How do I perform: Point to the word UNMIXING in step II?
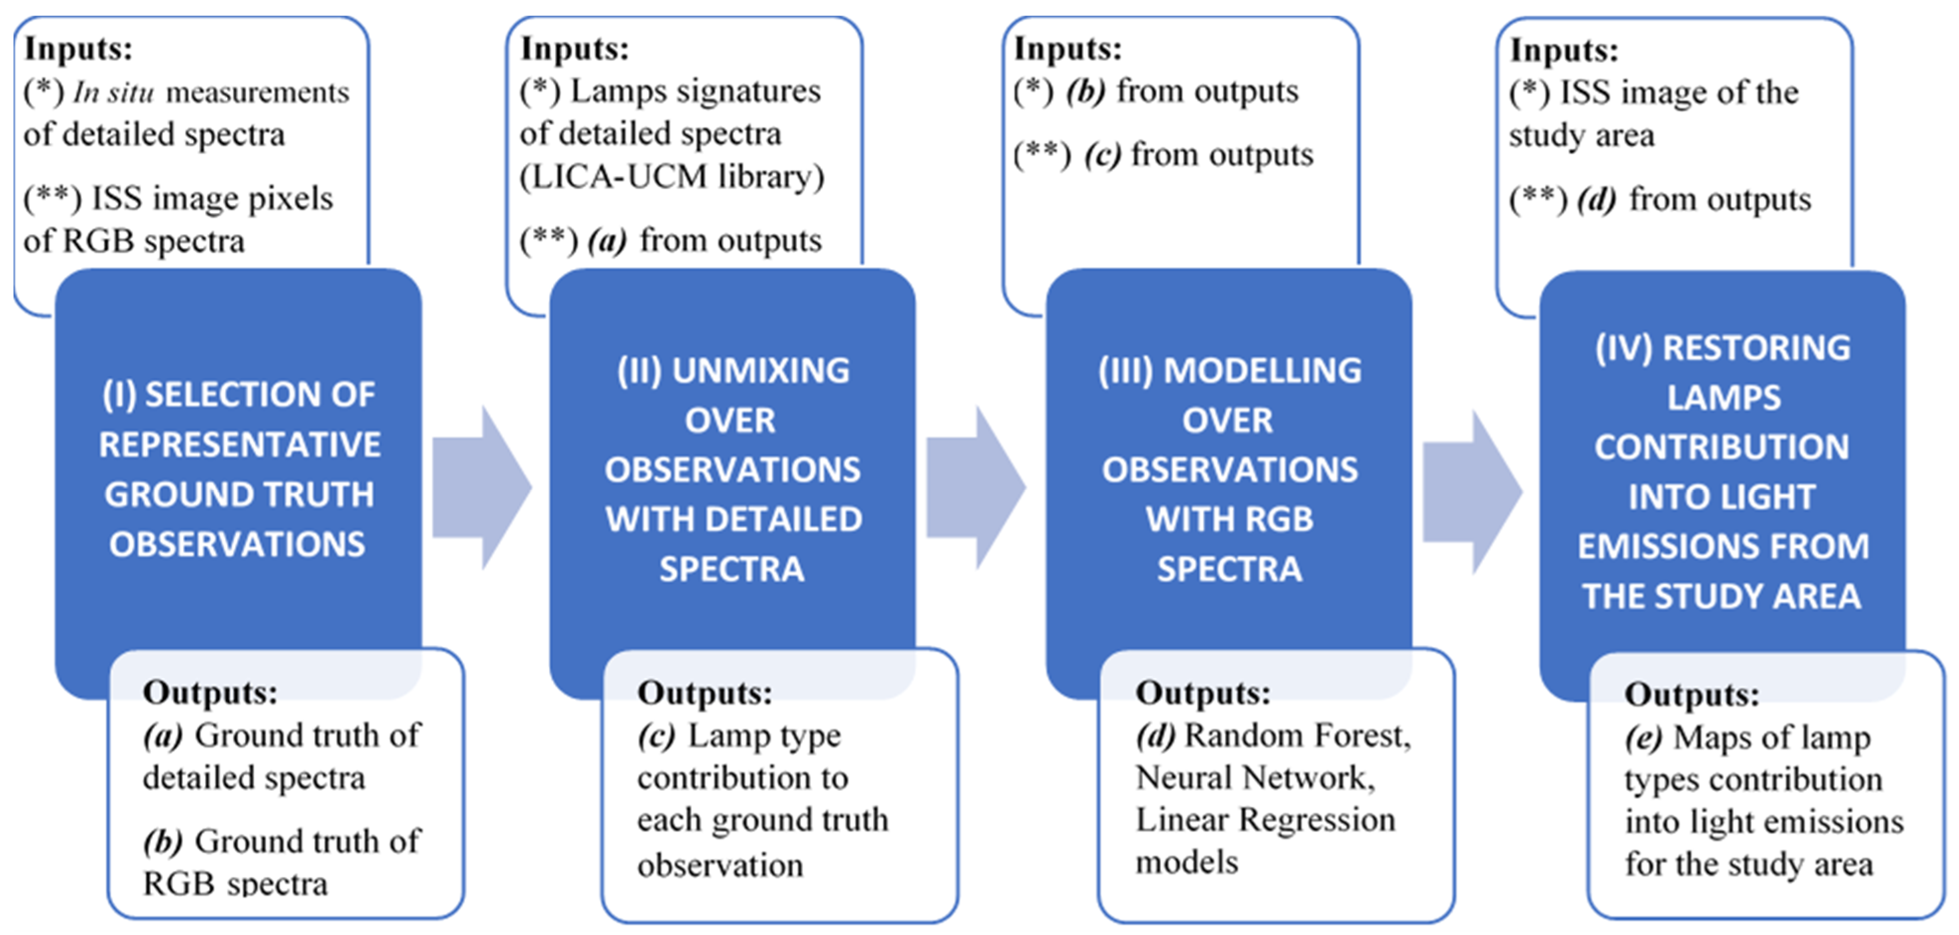pyautogui.click(x=761, y=370)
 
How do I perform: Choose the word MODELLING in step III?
pyautogui.click(x=1263, y=370)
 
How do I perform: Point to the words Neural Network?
pyautogui.click(x=1255, y=778)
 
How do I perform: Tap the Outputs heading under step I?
pyautogui.click(x=210, y=692)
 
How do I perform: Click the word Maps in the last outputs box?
pyautogui.click(x=1706, y=737)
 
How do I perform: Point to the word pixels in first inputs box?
pyautogui.click(x=297, y=199)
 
